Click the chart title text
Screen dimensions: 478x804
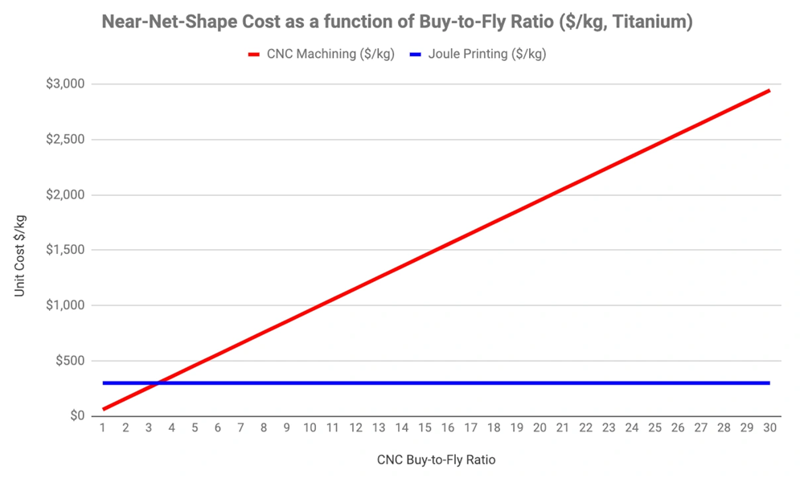397,22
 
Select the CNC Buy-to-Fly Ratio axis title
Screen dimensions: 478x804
435,460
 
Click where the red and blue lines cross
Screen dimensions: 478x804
158,383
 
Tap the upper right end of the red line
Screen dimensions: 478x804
769,91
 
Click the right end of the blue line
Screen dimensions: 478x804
769,383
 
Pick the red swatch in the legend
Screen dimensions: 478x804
253,55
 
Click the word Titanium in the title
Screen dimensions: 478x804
653,22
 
